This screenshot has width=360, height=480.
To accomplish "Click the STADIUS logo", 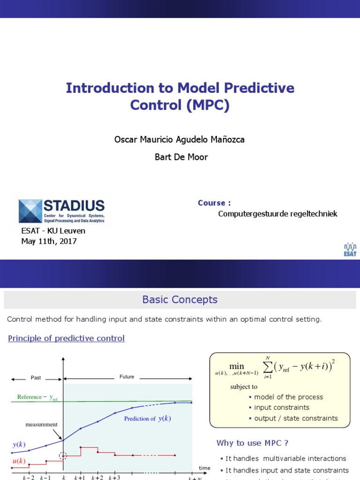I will coord(61,211).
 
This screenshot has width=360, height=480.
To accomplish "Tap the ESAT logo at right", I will coord(350,249).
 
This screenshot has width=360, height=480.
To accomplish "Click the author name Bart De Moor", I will coord(181,157).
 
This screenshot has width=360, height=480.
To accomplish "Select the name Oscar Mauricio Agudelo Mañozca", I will coord(180,140).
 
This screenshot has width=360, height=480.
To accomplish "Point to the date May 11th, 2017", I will coord(49,241).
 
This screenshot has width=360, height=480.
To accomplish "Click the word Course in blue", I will coord(214,203).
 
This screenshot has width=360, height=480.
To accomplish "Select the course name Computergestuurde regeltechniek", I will coord(277,214).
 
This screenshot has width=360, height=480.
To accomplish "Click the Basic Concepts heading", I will coord(180,300).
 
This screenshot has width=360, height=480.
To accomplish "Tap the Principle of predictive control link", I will coord(66,338).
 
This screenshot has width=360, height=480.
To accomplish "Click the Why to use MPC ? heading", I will coord(252,443).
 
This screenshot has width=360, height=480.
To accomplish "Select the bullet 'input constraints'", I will coord(281,407).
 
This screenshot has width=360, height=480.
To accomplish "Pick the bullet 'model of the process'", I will coord(288,397).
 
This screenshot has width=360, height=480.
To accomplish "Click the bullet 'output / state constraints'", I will coord(295,418).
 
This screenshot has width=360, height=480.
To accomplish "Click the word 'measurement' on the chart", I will coord(42,425).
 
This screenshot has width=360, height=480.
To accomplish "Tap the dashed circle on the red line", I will coord(63,456).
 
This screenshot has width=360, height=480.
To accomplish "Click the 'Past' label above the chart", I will coord(36,377).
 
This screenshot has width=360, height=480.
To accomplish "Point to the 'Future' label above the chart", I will coord(127,376).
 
